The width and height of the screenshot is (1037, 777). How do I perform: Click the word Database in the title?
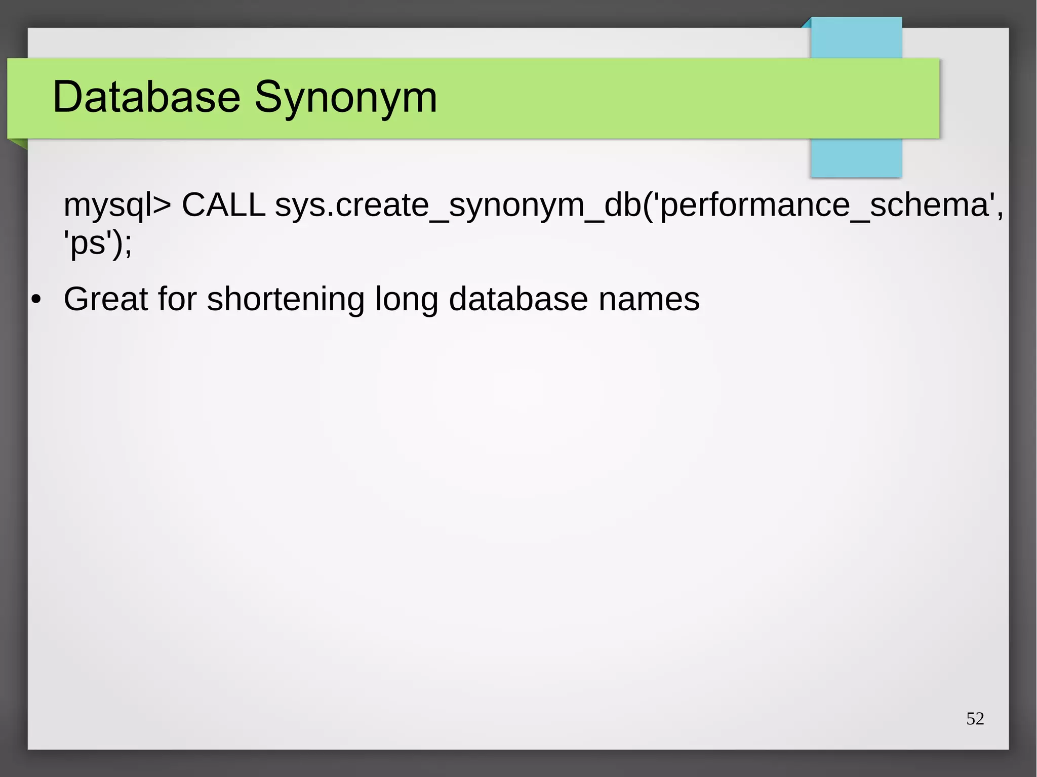(x=146, y=97)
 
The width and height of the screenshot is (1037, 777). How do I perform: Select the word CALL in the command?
(x=223, y=205)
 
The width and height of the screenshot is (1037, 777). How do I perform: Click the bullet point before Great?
(x=35, y=299)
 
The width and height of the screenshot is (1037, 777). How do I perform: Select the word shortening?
(x=286, y=300)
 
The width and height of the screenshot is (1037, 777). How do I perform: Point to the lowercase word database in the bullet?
(x=518, y=299)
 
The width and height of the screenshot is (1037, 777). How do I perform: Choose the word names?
(x=649, y=299)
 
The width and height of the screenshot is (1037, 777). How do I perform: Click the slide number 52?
(x=975, y=718)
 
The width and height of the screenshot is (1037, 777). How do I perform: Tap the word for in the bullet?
(x=177, y=299)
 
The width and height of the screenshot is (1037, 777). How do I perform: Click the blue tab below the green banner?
(x=856, y=158)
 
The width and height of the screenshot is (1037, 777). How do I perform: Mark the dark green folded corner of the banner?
(x=19, y=143)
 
